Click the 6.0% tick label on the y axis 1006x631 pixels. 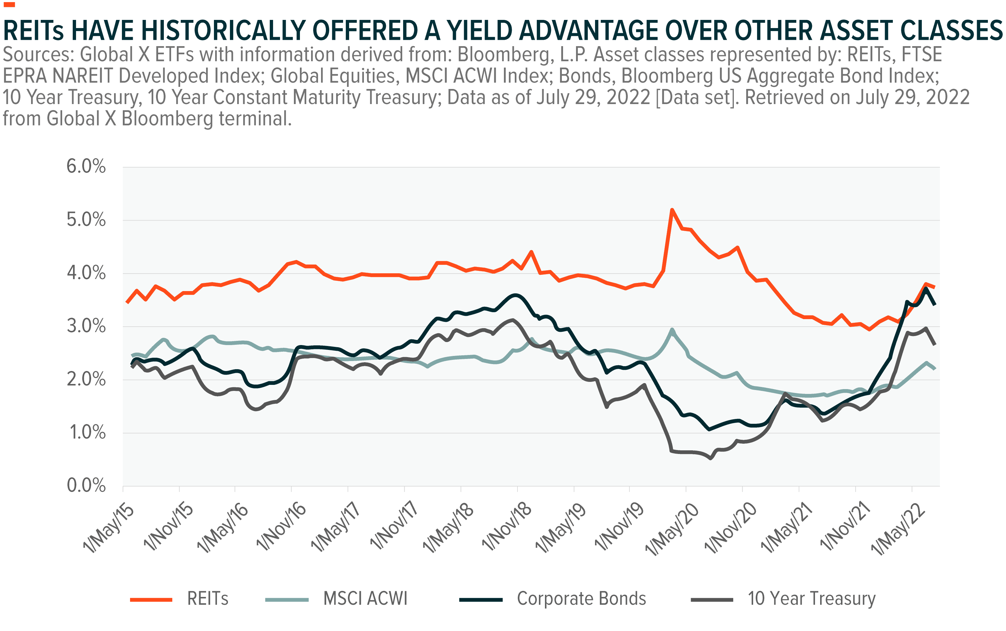(86, 166)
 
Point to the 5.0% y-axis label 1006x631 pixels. (86, 220)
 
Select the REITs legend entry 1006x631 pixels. (208, 599)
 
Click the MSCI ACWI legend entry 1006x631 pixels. (365, 599)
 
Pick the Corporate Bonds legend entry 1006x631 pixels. (581, 599)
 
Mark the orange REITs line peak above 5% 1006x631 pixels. (672, 210)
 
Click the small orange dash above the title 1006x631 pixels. (9, 5)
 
